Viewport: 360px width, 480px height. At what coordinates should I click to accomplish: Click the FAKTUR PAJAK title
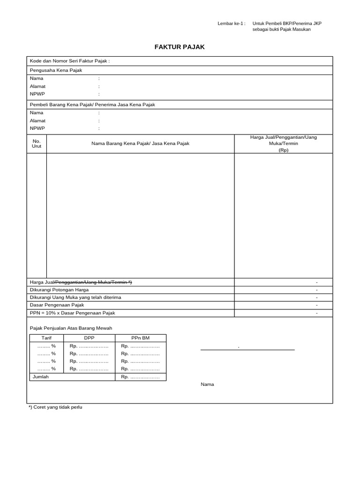pyautogui.click(x=180, y=47)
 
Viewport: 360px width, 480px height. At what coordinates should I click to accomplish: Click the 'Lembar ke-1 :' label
pyautogui.click(x=232, y=23)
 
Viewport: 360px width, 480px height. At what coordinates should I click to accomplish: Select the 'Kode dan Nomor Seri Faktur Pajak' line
pyautogui.click(x=70, y=61)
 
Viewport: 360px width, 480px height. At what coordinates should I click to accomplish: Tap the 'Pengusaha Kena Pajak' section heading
pyautogui.click(x=56, y=70)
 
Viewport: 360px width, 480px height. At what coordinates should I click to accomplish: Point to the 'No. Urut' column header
pyautogui.click(x=37, y=143)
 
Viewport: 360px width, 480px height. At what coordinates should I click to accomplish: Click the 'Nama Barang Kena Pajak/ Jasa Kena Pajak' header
pyautogui.click(x=140, y=143)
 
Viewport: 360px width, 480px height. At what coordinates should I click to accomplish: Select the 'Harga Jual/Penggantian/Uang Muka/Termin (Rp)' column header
pyautogui.click(x=284, y=143)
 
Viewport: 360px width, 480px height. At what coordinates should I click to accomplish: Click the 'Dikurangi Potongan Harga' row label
pyautogui.click(x=59, y=290)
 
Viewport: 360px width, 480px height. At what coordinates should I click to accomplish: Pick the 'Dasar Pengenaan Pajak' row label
pyautogui.click(x=57, y=305)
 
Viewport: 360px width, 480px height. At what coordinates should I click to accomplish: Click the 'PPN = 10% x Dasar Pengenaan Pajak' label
pyautogui.click(x=72, y=313)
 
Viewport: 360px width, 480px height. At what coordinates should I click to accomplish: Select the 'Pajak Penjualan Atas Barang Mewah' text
pyautogui.click(x=71, y=328)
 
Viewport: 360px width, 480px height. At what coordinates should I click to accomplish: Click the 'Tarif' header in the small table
pyautogui.click(x=46, y=337)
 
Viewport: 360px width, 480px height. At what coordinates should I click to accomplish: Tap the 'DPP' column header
pyautogui.click(x=89, y=337)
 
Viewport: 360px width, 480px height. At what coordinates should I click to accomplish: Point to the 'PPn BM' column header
pyautogui.click(x=140, y=337)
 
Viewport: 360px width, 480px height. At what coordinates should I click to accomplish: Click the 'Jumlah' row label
pyautogui.click(x=40, y=376)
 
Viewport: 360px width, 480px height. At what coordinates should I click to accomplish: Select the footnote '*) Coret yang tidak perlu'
pyautogui.click(x=55, y=407)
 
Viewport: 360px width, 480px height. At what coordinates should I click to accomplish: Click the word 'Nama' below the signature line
pyautogui.click(x=207, y=384)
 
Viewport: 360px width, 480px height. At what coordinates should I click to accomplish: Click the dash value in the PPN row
pyautogui.click(x=317, y=313)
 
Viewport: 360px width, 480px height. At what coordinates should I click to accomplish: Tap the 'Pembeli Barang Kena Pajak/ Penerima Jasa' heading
pyautogui.click(x=92, y=105)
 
